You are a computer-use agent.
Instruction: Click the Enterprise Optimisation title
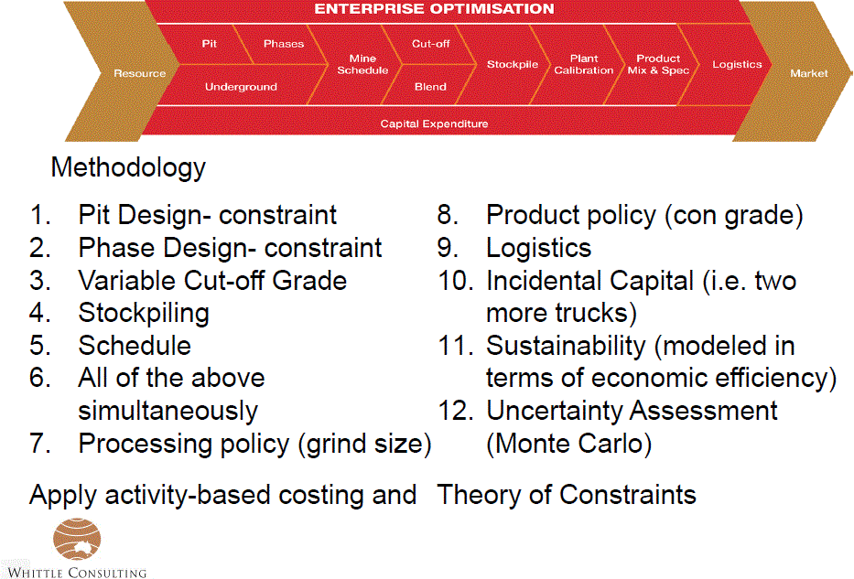click(434, 9)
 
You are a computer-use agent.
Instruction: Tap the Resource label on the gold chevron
click(139, 73)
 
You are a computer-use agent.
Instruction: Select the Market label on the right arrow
click(809, 73)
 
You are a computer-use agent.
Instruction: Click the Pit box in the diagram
click(209, 44)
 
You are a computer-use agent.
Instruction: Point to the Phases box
click(284, 44)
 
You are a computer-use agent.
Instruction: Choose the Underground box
click(241, 87)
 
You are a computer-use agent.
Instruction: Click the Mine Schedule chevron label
click(362, 64)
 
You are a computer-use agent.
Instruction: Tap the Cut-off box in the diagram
click(431, 44)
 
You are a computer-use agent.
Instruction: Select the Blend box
click(430, 87)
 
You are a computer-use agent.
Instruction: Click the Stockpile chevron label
click(513, 64)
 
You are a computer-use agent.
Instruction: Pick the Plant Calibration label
click(584, 64)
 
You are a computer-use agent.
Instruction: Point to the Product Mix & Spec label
click(658, 64)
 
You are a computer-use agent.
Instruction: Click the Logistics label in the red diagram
click(737, 64)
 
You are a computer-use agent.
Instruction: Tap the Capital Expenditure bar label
click(434, 123)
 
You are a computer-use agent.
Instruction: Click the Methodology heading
click(128, 167)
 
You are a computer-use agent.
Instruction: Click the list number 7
click(39, 444)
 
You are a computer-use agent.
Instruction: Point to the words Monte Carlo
click(569, 444)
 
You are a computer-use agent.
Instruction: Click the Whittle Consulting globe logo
click(77, 539)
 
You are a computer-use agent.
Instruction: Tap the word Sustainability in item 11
click(566, 346)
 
